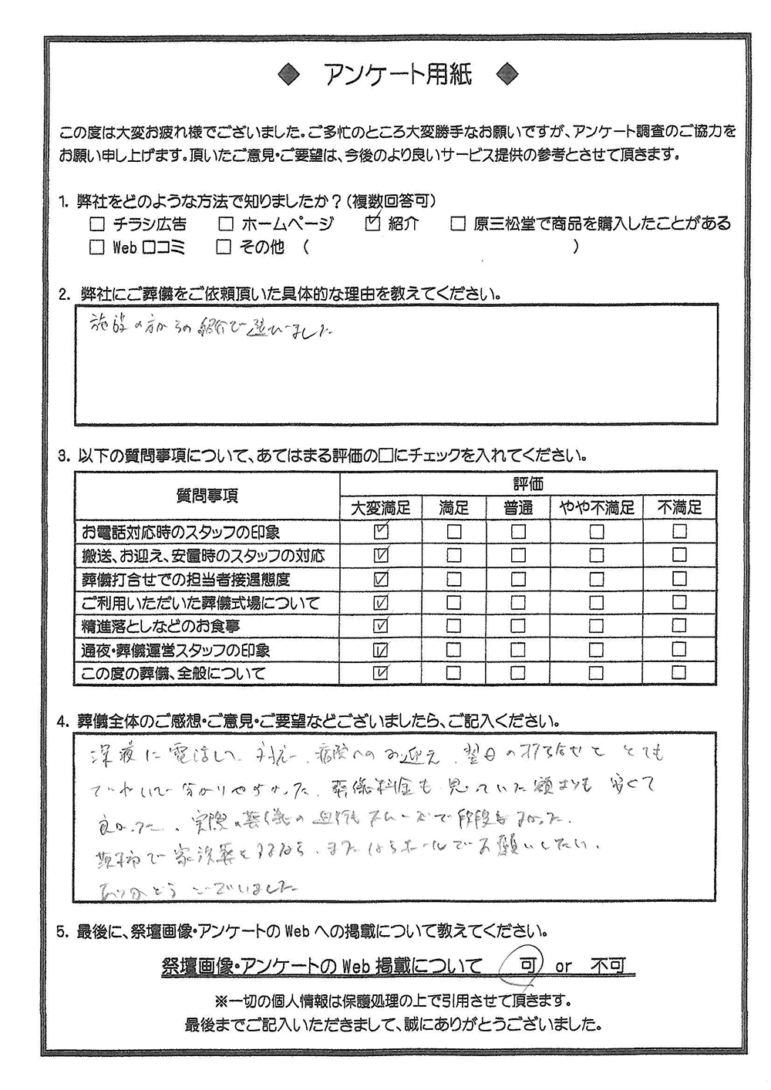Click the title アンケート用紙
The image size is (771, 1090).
point(396,74)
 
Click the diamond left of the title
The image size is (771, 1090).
point(290,74)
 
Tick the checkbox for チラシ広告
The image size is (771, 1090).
point(97,225)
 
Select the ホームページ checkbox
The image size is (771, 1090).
point(225,225)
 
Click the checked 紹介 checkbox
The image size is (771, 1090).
point(372,224)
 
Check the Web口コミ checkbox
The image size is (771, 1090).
point(97,247)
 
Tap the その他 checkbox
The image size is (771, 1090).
point(224,247)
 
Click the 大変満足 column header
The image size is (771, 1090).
point(381,507)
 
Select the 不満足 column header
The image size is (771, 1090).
point(679,507)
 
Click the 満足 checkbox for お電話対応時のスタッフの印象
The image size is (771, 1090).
point(454,532)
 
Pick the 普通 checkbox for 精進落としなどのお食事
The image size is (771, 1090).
point(518,626)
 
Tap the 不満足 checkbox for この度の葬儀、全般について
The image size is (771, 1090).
point(678,673)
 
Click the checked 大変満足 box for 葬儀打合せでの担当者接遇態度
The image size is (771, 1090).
point(380,579)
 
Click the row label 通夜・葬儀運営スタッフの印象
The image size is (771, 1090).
point(176,650)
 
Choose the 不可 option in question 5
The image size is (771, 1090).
point(608,965)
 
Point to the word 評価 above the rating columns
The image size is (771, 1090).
point(528,484)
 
